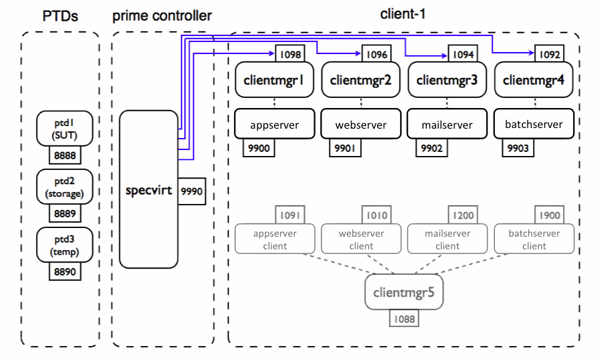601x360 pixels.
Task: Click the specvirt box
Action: click(x=149, y=190)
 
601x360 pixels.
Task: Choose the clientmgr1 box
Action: click(x=274, y=81)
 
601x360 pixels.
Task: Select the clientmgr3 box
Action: click(x=447, y=81)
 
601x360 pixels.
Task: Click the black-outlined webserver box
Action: click(x=361, y=125)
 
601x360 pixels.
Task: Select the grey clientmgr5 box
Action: click(x=404, y=292)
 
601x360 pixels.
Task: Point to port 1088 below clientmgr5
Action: click(x=404, y=319)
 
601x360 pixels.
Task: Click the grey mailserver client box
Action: click(x=448, y=239)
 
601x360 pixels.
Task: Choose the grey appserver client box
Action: click(x=275, y=239)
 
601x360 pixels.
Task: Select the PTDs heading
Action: click(x=60, y=15)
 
